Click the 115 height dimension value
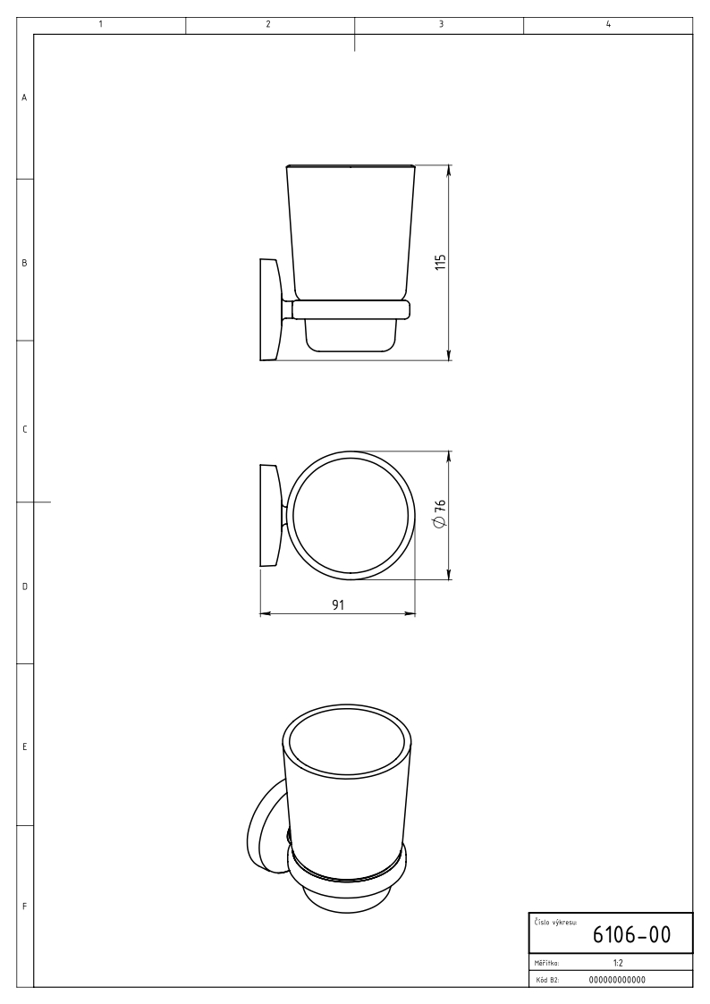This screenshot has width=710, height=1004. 440,262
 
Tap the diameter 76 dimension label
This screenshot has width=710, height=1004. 439,514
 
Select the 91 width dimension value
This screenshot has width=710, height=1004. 338,604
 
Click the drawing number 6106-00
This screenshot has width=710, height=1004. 631,935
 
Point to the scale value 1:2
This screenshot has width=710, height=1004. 617,963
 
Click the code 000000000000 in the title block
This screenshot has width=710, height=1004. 616,980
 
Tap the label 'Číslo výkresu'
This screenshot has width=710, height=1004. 555,923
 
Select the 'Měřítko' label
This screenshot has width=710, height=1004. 546,963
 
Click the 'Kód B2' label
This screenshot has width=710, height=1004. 547,980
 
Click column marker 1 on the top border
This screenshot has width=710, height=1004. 101,24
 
